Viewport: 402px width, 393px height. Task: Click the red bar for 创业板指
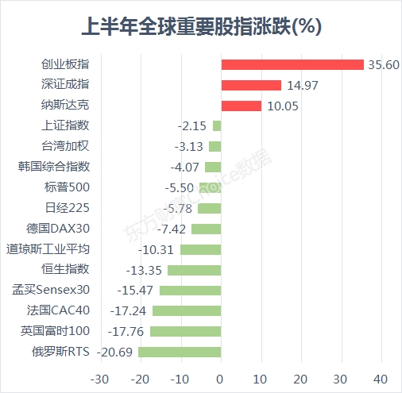tap(292, 64)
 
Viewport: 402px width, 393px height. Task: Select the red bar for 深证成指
tap(251, 85)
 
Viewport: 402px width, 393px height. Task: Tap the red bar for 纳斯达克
tap(242, 106)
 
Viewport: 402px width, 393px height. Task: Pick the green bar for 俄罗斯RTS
tap(180, 352)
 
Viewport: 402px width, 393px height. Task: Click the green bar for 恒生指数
tap(195, 270)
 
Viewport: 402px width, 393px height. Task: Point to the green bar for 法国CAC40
tap(187, 311)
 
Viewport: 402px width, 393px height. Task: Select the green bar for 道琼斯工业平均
tap(201, 249)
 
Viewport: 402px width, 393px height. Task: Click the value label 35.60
tap(384, 65)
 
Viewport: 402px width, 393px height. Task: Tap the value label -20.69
tap(114, 353)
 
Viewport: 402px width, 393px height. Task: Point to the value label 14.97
tap(303, 86)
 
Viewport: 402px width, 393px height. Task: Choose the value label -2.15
tap(192, 126)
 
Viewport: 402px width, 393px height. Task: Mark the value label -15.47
tap(135, 291)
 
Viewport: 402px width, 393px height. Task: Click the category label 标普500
tap(67, 187)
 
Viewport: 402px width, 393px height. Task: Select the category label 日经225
tap(68, 208)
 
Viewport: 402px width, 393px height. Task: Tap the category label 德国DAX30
tap(58, 229)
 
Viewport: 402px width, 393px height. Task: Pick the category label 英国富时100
tap(56, 331)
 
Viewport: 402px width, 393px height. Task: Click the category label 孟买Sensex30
tap(51, 290)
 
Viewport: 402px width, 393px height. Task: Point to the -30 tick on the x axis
tap(99, 380)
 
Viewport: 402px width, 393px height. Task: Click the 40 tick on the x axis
tap(381, 380)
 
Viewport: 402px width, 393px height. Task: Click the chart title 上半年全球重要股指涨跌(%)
tap(202, 26)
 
